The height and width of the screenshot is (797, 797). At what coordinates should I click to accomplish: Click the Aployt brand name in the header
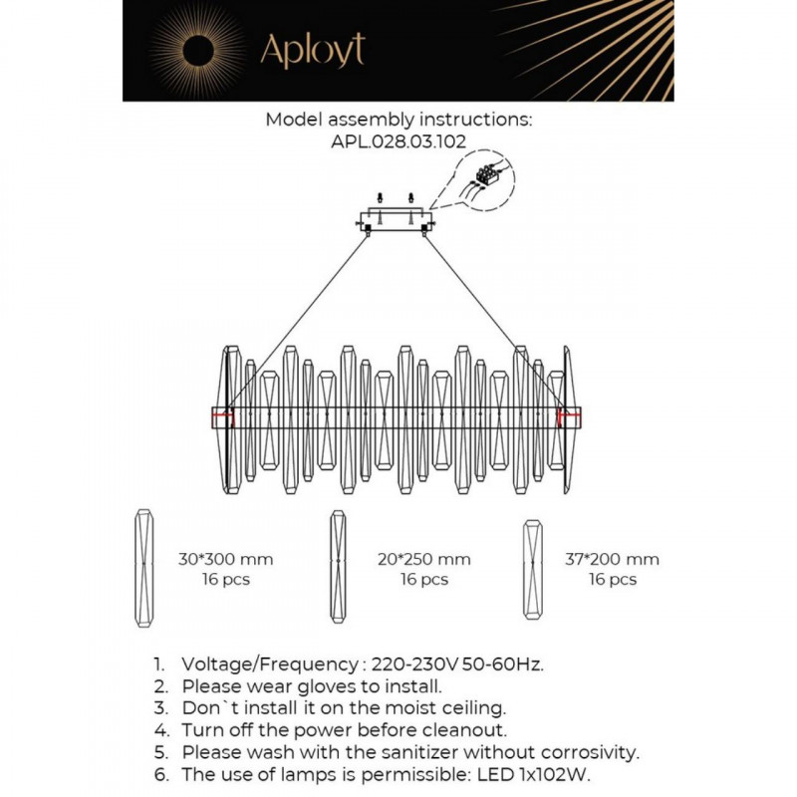click(x=313, y=50)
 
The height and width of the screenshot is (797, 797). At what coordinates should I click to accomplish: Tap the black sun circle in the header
click(x=198, y=52)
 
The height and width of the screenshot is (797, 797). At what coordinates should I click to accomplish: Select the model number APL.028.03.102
click(x=398, y=140)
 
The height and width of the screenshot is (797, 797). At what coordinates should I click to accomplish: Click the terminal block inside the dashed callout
click(x=488, y=173)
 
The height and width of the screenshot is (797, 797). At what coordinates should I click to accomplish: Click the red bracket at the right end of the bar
click(x=569, y=417)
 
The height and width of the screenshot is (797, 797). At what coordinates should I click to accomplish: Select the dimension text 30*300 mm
click(x=226, y=559)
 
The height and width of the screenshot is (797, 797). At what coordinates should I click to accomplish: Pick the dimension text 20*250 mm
click(x=424, y=559)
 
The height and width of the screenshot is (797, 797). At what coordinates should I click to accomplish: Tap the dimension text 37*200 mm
click(x=612, y=559)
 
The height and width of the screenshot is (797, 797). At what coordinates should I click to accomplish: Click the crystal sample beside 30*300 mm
click(x=144, y=568)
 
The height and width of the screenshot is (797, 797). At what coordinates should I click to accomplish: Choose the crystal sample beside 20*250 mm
click(x=338, y=567)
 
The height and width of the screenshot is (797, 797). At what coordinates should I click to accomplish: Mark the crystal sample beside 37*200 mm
click(x=533, y=569)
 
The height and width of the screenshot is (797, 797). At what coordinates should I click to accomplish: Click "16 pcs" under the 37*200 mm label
click(x=613, y=580)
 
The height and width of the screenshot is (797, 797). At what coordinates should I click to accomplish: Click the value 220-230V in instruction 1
click(x=414, y=664)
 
